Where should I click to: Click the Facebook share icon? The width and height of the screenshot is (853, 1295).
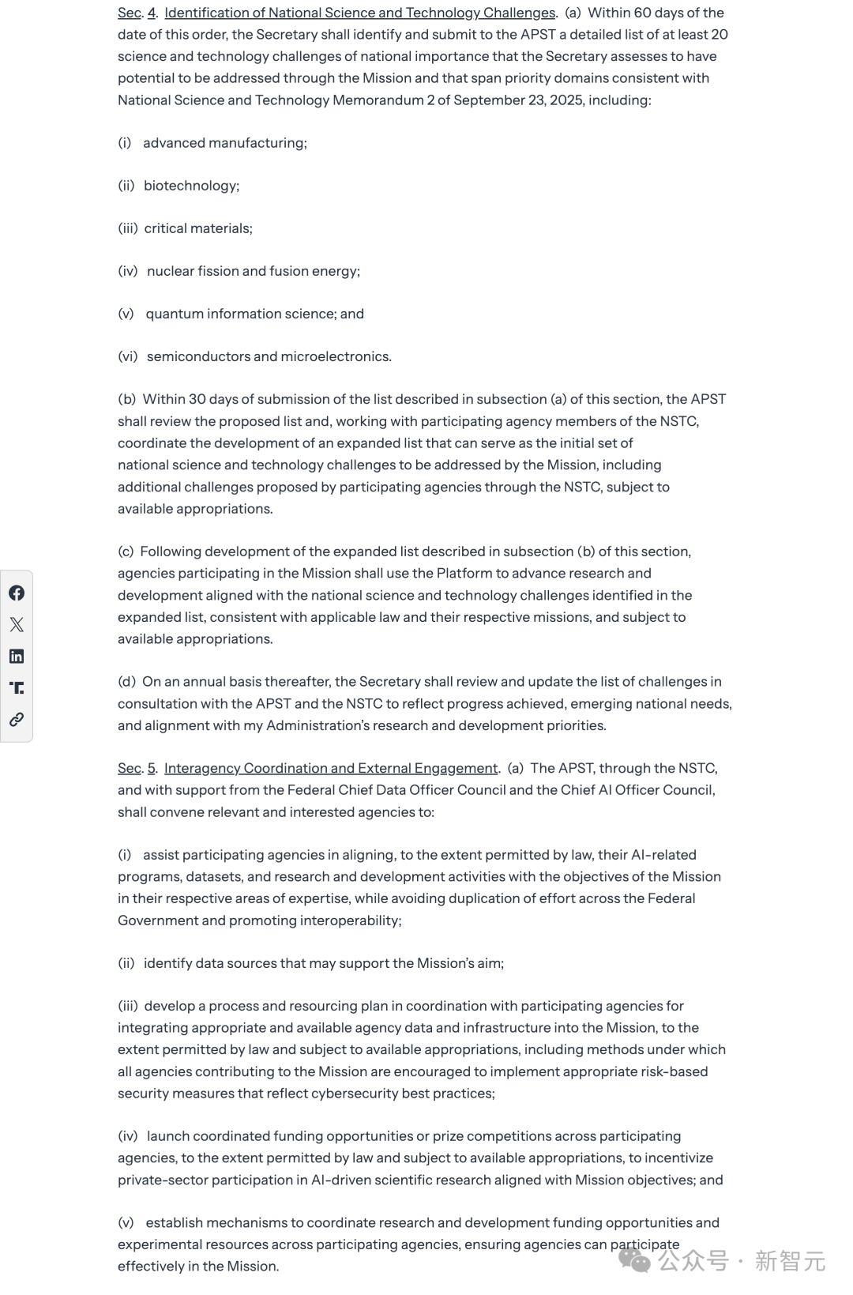point(17,593)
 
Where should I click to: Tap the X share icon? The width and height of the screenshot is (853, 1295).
point(17,625)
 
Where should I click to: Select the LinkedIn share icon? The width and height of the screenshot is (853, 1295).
point(17,657)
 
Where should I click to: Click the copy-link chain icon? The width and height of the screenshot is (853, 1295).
point(17,720)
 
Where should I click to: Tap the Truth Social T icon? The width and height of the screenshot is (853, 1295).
point(17,688)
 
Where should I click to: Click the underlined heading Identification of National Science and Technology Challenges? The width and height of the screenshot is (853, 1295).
point(359,13)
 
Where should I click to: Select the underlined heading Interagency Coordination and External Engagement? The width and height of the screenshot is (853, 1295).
point(331,768)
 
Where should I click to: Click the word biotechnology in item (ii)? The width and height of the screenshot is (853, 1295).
point(190,186)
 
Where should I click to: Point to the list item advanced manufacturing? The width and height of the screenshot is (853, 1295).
point(224,143)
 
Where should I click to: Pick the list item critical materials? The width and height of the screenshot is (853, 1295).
point(197,228)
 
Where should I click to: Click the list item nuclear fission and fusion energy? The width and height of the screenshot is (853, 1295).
point(253,271)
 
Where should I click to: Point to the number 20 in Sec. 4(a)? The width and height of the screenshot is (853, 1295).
point(719,35)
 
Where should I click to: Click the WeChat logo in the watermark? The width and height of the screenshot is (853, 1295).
point(634,1259)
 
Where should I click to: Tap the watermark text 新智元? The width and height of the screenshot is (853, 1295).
point(790,1260)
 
